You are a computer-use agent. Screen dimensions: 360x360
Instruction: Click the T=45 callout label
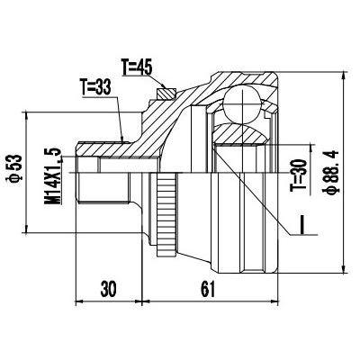coord(137,67)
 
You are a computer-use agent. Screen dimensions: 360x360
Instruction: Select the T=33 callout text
coord(95,87)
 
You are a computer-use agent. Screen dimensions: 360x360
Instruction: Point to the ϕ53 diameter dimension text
coord(15,168)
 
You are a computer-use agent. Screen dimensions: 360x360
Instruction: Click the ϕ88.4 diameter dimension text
coord(331,172)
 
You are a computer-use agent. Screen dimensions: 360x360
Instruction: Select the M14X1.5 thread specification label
coord(52,176)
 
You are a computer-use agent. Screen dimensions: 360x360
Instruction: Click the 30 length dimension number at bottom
coord(108,289)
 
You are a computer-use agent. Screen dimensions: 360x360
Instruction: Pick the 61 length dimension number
coord(208,289)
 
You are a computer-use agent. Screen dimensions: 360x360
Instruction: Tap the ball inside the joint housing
coord(242,103)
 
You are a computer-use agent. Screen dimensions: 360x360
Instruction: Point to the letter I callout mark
coord(302,224)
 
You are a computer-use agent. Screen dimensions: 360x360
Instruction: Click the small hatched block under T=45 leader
coord(166,93)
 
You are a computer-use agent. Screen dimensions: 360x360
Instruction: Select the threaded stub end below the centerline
coord(103,188)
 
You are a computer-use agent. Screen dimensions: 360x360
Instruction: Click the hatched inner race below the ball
coord(241,134)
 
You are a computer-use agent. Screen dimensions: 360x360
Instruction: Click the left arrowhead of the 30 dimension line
coord(79,301)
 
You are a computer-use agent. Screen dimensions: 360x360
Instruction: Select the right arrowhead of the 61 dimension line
coord(274,301)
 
